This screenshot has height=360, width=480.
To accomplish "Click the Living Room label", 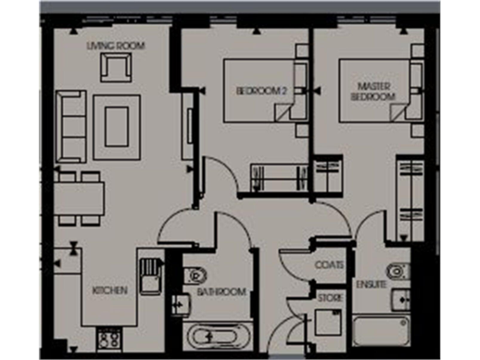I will pyautogui.click(x=116, y=46).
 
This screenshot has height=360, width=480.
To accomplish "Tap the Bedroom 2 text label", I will pyautogui.click(x=261, y=91).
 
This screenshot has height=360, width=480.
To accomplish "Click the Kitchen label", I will pyautogui.click(x=110, y=291).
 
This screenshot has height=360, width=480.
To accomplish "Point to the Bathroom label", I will pyautogui.click(x=221, y=292).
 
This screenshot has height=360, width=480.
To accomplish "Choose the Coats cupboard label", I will pyautogui.click(x=329, y=265).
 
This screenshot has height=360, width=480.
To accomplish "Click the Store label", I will pyautogui.click(x=330, y=298).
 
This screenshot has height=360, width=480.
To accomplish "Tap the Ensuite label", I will pyautogui.click(x=371, y=284).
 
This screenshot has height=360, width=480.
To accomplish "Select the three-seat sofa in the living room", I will pyautogui.click(x=70, y=127).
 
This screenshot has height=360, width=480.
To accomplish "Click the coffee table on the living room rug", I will pyautogui.click(x=117, y=127).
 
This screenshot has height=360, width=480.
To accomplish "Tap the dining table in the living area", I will pyautogui.click(x=79, y=199).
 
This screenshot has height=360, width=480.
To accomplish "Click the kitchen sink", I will pyautogui.click(x=151, y=275).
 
